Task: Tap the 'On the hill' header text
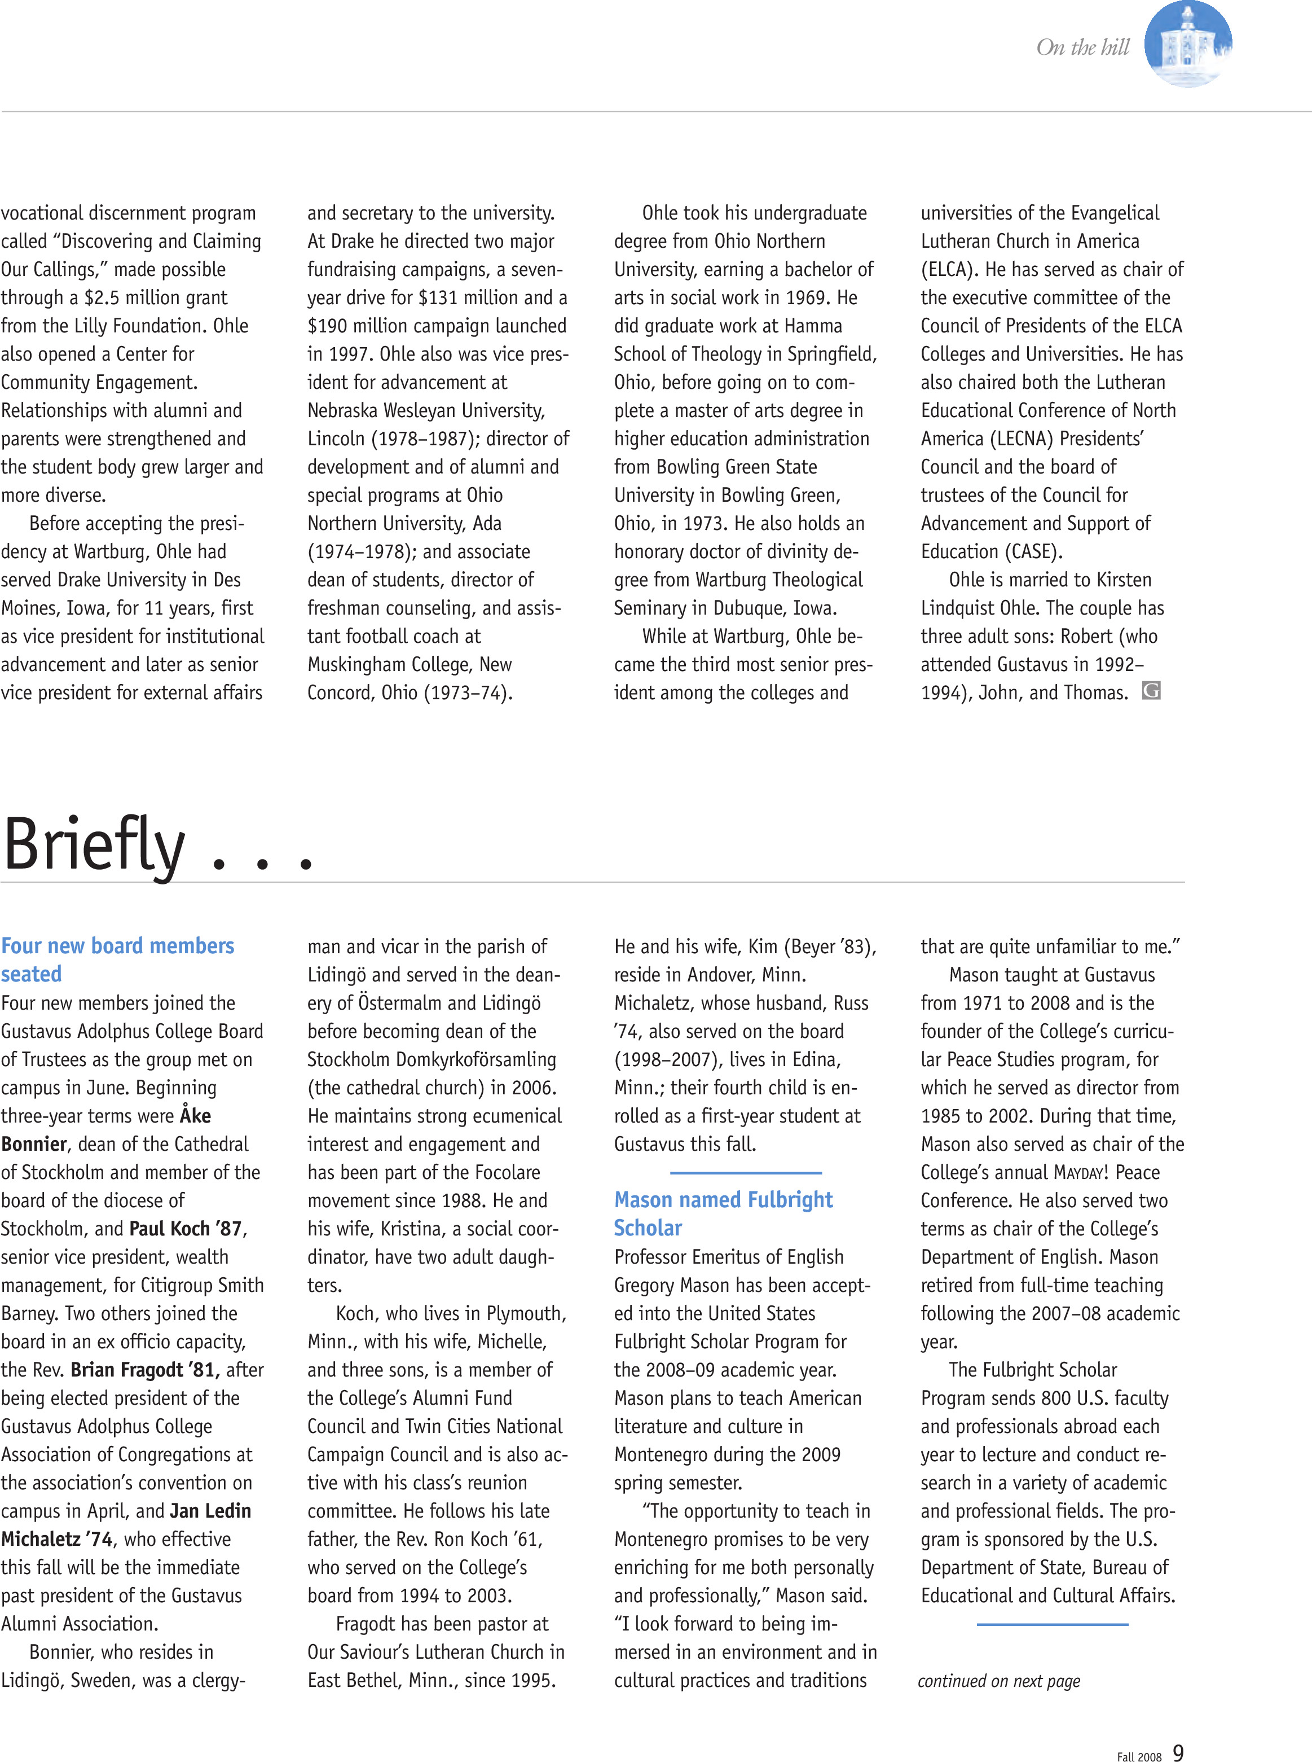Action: (1082, 47)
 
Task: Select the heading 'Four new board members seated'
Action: (117, 959)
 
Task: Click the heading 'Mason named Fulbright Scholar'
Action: (723, 1213)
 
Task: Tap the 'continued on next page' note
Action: (999, 1680)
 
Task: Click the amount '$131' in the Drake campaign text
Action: (438, 298)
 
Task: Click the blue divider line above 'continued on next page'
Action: (1053, 1624)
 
